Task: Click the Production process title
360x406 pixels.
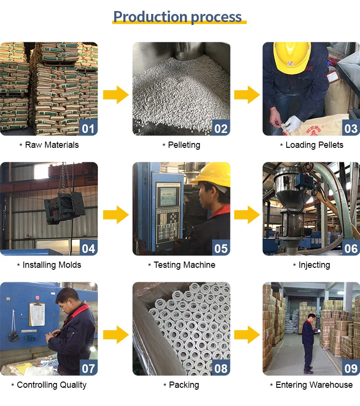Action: (x=178, y=17)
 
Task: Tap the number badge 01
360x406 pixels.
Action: (x=88, y=128)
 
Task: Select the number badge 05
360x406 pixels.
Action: (x=221, y=248)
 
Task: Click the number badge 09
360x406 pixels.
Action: (x=351, y=368)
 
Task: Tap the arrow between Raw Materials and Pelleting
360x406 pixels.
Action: (x=116, y=94)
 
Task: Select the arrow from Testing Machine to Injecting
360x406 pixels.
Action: (x=247, y=214)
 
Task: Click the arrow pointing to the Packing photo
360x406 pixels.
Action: (x=116, y=334)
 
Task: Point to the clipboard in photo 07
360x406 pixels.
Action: (x=36, y=314)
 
